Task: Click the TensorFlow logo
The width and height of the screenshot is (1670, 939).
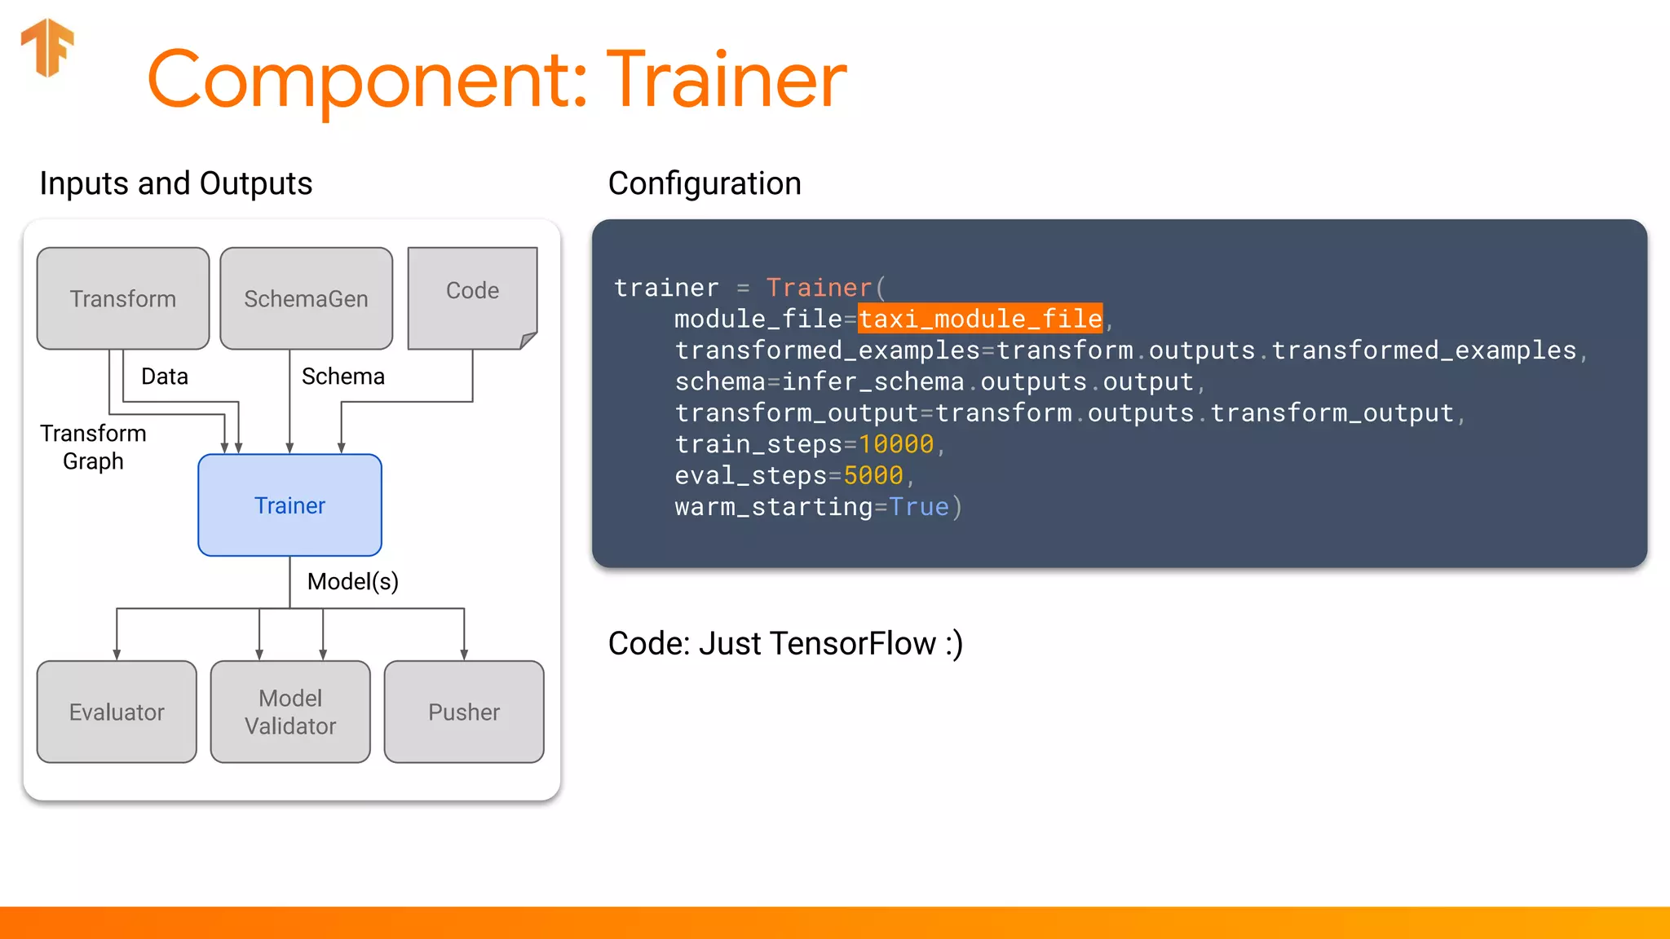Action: point(47,47)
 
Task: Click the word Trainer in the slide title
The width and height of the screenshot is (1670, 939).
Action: point(726,80)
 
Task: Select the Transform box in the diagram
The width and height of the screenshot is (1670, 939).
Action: point(123,299)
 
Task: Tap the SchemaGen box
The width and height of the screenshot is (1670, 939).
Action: point(306,299)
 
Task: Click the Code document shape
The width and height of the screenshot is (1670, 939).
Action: point(472,291)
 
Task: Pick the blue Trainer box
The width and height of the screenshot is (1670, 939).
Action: point(289,505)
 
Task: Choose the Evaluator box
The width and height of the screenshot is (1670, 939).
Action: point(117,712)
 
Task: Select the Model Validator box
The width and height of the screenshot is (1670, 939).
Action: point(290,712)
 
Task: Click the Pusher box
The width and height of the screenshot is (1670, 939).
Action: point(464,712)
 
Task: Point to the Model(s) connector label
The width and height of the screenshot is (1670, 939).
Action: point(352,581)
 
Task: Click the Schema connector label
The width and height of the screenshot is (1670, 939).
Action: point(342,377)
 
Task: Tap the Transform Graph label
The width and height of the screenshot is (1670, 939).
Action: point(93,447)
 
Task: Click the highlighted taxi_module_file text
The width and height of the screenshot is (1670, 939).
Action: point(980,319)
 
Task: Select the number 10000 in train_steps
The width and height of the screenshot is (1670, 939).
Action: point(895,444)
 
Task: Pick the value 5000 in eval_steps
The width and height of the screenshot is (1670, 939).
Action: point(873,475)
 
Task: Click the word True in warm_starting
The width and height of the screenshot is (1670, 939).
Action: point(918,507)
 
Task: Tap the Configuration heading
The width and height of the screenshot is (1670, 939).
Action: point(705,183)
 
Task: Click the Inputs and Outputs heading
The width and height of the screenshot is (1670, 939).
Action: point(175,183)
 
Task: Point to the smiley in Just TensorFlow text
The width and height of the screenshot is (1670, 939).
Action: point(954,644)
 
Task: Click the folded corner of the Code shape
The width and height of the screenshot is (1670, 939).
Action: point(528,340)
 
